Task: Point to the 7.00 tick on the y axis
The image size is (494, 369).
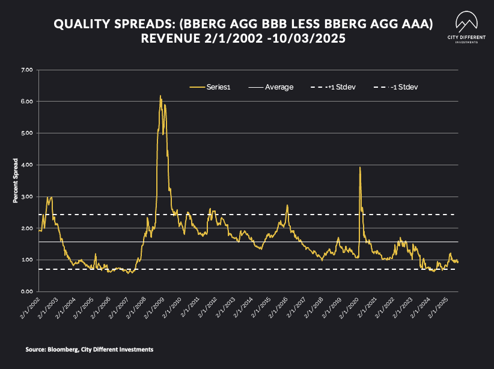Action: point(26,70)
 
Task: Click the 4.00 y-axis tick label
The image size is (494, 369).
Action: point(26,165)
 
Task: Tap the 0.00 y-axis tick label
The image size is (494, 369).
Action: point(26,291)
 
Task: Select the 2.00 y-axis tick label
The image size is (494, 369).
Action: point(26,228)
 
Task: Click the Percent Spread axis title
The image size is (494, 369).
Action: point(16,181)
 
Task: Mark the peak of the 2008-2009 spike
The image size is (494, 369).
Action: point(160,96)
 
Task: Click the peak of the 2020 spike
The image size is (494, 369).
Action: point(360,167)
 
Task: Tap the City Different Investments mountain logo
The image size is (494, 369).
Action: point(466,23)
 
